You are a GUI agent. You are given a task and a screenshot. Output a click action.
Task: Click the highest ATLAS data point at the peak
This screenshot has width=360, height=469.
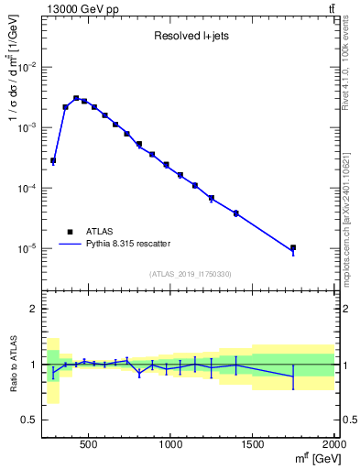(76, 98)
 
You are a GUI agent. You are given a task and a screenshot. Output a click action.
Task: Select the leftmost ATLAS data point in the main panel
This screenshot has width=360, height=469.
(53, 160)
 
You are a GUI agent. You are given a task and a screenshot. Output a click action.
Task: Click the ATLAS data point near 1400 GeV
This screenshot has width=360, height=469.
(236, 213)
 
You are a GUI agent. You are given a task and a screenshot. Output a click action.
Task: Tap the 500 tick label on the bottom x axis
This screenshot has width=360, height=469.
(89, 442)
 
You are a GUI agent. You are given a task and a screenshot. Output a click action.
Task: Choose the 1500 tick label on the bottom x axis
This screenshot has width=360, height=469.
(253, 442)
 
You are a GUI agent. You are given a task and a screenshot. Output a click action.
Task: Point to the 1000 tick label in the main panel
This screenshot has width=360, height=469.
(171, 442)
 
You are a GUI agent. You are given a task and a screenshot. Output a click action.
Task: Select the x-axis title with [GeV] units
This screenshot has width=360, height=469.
(312, 457)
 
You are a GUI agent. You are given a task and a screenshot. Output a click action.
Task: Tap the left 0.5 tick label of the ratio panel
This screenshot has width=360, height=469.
(32, 420)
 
